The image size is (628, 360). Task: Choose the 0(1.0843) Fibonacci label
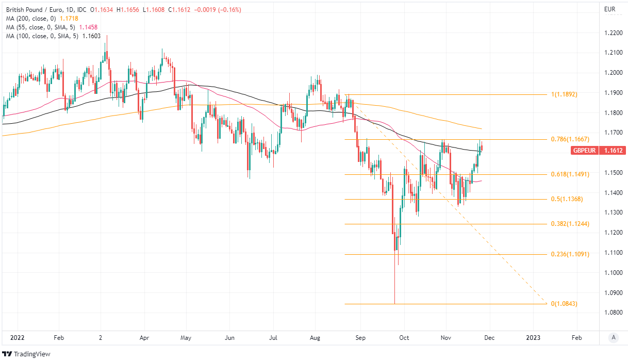(564, 304)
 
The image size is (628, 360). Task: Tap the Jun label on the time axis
(230, 338)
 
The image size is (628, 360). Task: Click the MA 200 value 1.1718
(69, 18)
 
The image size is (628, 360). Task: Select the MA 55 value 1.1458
(88, 27)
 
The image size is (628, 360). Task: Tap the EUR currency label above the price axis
(609, 9)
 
